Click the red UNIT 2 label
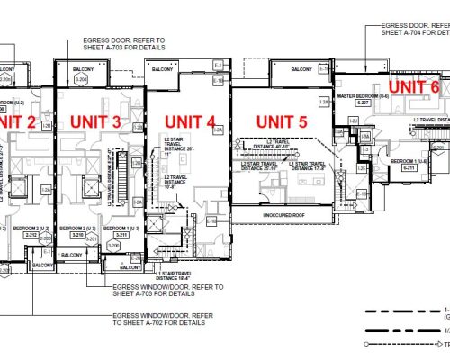coord(19,121)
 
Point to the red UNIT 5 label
coord(282,121)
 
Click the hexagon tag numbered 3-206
coord(114,245)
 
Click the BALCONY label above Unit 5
coord(298,68)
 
